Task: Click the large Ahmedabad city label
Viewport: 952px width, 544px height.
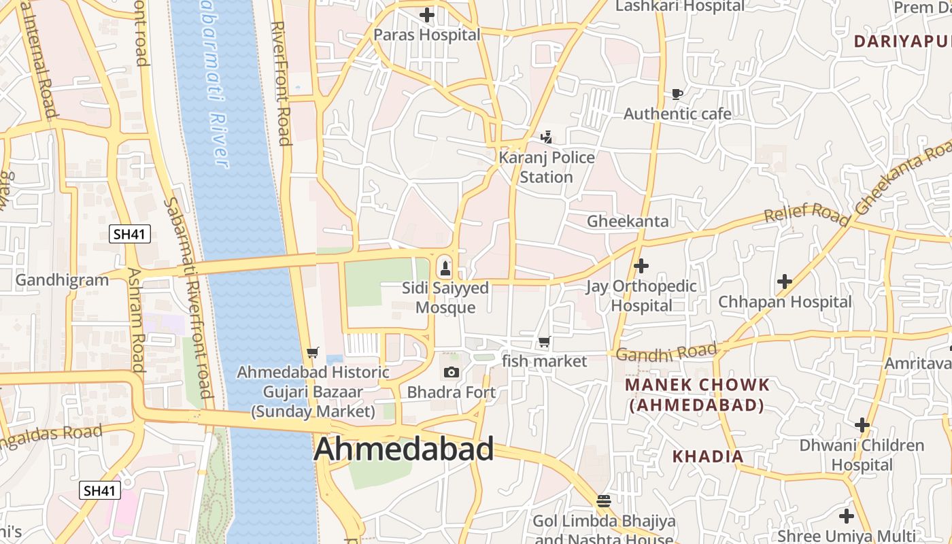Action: (404, 449)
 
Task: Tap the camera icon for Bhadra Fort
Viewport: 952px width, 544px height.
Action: (451, 372)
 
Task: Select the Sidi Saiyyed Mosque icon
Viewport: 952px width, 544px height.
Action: (445, 267)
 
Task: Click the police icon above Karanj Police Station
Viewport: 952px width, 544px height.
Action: (546, 138)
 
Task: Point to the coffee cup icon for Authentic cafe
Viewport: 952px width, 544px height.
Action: (677, 94)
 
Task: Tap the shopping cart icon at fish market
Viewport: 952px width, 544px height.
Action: (544, 341)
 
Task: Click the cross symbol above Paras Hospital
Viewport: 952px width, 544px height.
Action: (426, 14)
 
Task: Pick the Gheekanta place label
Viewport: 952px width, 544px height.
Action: (628, 221)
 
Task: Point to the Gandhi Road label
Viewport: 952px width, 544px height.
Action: (666, 353)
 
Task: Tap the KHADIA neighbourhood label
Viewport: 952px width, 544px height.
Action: (708, 456)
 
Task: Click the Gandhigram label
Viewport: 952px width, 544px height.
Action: (62, 279)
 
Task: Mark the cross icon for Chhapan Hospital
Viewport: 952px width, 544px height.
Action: (785, 281)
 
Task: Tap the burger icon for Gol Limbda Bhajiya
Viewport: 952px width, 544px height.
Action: (603, 501)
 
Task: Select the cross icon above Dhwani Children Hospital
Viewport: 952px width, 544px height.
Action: (862, 425)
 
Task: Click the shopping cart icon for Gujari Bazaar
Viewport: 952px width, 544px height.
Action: (312, 352)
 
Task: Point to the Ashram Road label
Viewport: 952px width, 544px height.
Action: (135, 320)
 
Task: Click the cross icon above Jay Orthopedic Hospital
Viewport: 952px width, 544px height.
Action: (641, 265)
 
